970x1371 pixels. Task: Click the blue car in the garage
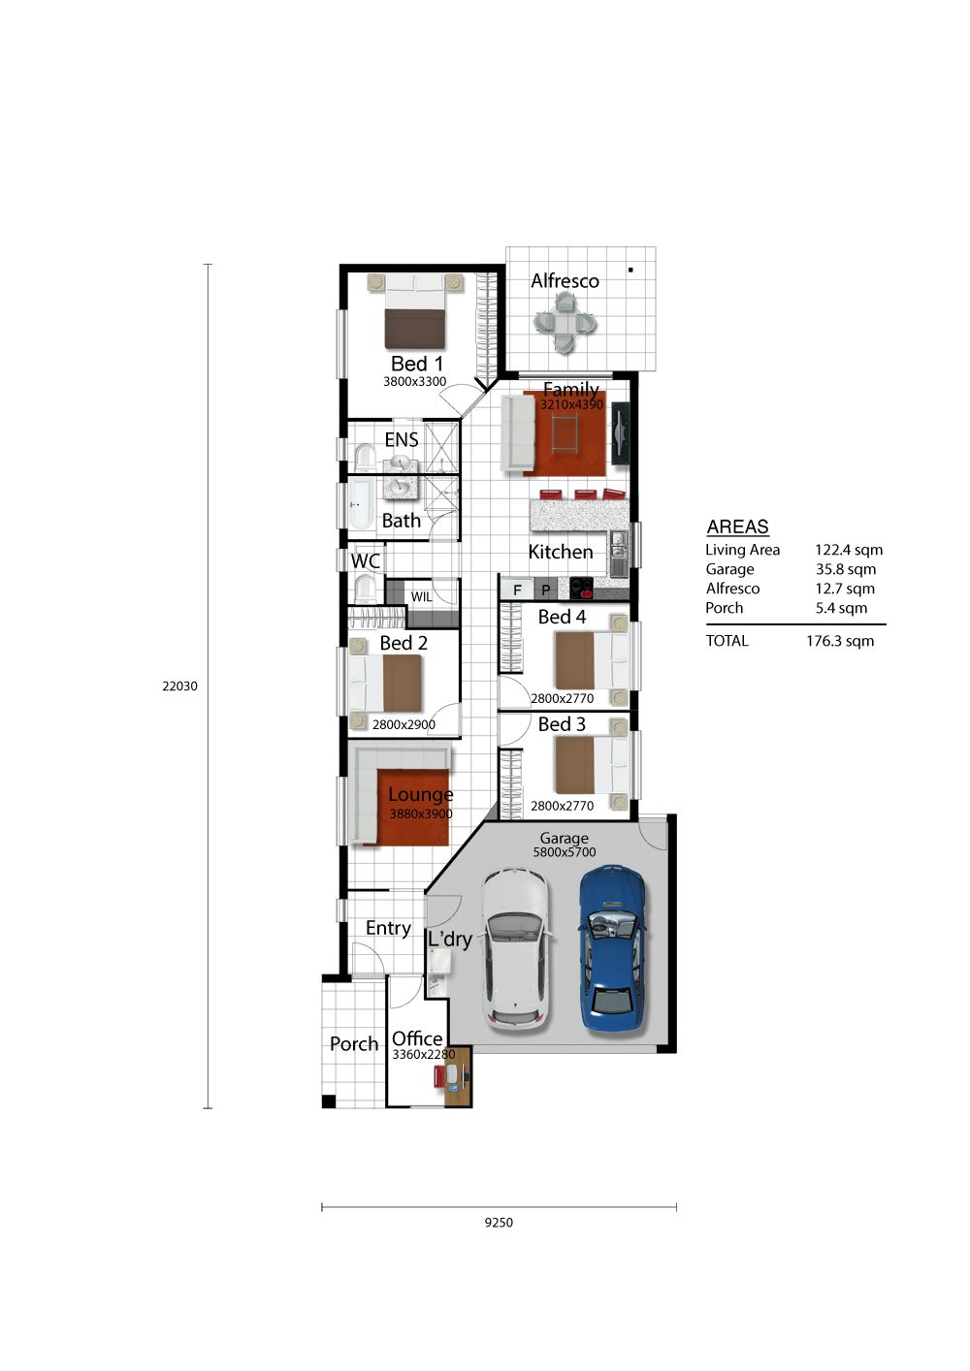coord(612,949)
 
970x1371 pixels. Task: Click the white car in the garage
coord(515,952)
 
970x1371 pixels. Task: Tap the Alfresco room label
coord(565,281)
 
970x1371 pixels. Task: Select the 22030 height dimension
coord(179,686)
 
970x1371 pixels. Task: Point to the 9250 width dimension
coord(499,1223)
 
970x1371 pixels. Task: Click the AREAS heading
coord(737,526)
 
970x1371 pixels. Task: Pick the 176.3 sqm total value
coord(840,641)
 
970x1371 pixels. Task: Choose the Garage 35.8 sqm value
coord(845,569)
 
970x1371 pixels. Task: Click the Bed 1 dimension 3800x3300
coord(414,381)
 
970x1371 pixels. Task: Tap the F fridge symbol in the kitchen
coord(517,590)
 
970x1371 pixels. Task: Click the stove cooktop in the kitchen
coord(581,589)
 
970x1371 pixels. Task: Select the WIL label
coord(421,596)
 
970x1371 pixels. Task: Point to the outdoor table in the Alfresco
coord(565,322)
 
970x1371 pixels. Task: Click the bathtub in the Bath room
coord(361,504)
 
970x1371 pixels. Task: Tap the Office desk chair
coord(439,1076)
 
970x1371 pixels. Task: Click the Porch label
coord(354,1043)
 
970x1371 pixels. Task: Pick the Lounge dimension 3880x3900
coord(421,813)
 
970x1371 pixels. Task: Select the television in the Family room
coord(620,432)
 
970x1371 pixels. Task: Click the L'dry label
coord(449,940)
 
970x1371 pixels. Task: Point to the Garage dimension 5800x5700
coord(564,851)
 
